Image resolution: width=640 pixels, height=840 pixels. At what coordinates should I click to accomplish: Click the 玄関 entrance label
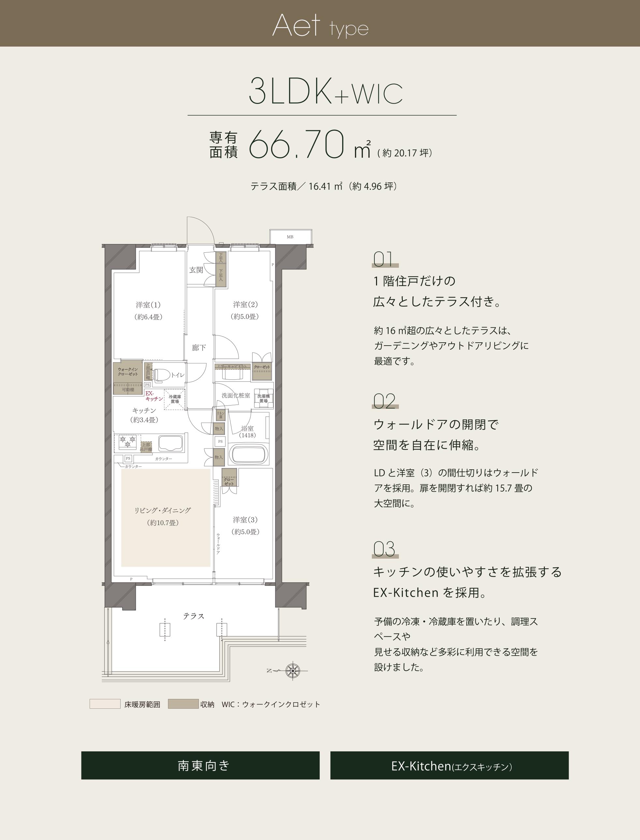(x=196, y=270)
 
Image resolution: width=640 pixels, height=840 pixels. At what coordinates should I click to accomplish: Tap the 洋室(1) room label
(x=148, y=305)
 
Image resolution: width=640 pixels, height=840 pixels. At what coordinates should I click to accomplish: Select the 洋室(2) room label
(x=245, y=305)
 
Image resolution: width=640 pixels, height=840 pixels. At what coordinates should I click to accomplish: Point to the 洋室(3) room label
(x=245, y=520)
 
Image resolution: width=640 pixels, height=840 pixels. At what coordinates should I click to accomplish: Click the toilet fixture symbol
(x=162, y=375)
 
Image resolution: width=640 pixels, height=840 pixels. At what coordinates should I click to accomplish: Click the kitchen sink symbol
(x=170, y=443)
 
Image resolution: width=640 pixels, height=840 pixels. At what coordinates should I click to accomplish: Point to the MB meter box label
(x=290, y=237)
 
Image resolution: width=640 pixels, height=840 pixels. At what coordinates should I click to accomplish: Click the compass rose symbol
(x=293, y=671)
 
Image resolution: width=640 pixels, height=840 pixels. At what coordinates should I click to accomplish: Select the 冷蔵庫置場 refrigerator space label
(x=175, y=399)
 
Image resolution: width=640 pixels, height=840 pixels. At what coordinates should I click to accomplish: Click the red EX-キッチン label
(x=153, y=396)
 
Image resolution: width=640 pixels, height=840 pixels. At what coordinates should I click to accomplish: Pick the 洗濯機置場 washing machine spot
(x=263, y=398)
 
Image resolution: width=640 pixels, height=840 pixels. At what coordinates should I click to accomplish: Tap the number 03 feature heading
(x=384, y=549)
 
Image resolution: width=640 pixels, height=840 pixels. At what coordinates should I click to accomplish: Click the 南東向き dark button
(x=200, y=765)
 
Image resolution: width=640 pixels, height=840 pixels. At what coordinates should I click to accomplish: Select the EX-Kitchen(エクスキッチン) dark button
(x=449, y=765)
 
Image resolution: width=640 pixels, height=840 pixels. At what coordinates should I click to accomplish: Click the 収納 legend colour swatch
(x=183, y=704)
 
